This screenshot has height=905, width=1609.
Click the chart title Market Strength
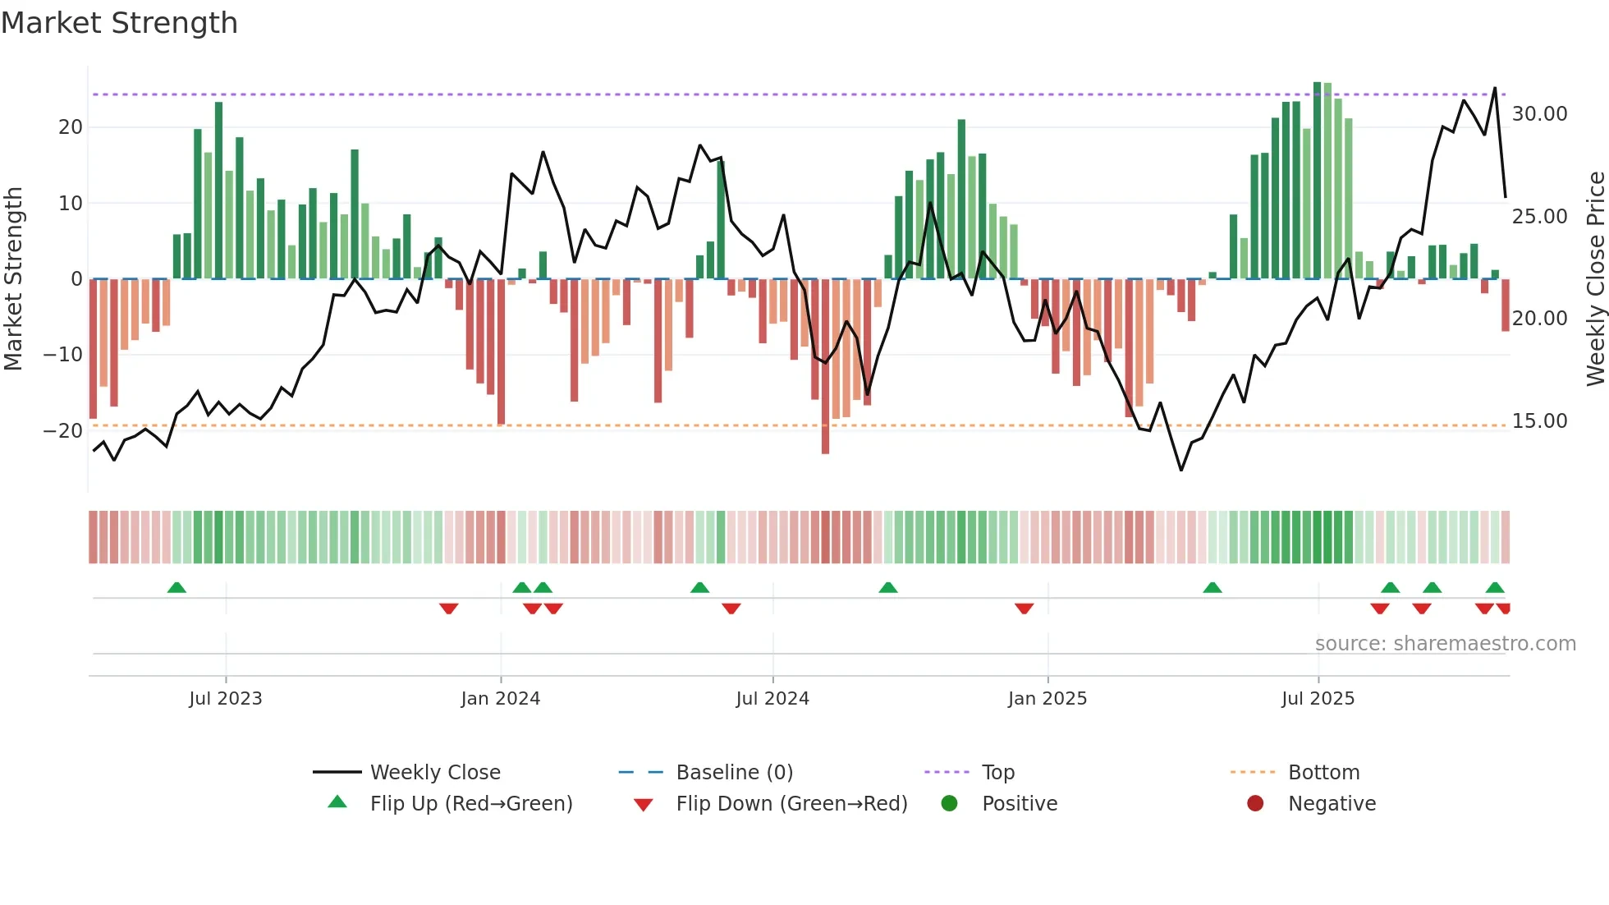(119, 23)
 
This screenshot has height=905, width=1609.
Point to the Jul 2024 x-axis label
(772, 699)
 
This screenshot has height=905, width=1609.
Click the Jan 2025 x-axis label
(1047, 699)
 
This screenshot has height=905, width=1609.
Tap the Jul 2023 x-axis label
(226, 699)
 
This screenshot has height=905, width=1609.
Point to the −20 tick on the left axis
(62, 431)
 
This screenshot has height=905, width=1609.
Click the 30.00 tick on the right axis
(1539, 114)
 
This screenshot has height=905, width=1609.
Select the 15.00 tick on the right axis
(1539, 421)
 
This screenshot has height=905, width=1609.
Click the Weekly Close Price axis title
(1595, 279)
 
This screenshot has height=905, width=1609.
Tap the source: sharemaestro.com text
(1445, 644)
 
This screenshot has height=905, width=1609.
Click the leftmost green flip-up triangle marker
(176, 588)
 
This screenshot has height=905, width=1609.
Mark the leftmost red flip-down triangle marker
(448, 609)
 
